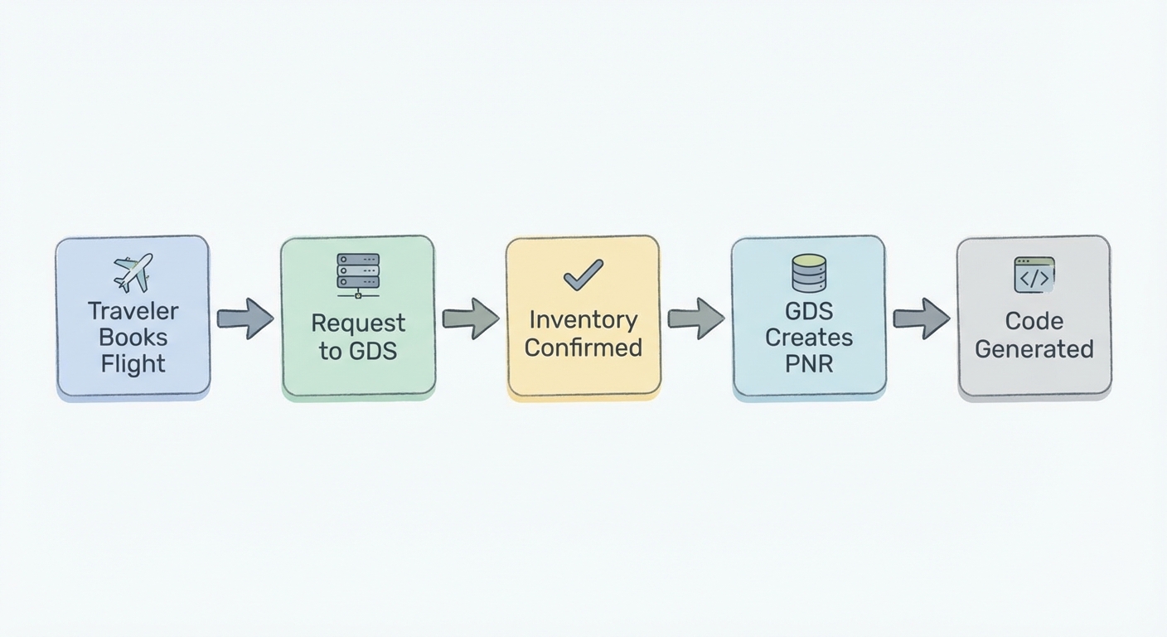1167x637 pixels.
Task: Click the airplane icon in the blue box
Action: [x=133, y=272]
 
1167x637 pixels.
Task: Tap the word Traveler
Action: [x=133, y=311]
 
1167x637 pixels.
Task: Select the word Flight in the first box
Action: [x=133, y=363]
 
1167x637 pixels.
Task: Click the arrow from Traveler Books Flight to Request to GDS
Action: [x=245, y=318]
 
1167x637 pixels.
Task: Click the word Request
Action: [x=358, y=323]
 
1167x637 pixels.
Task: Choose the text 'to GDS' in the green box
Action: [x=358, y=350]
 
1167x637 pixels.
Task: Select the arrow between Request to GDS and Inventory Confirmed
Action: [x=471, y=318]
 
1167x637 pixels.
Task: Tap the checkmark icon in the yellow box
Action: [x=583, y=275]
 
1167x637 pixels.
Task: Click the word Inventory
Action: [x=583, y=319]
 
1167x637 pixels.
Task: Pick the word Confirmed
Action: [x=583, y=347]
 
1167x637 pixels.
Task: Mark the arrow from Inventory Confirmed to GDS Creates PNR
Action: [x=696, y=318]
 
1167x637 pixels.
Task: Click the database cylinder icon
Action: [x=809, y=273]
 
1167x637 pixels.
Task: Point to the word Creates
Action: [x=809, y=338]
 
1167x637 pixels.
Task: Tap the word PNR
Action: [x=809, y=363]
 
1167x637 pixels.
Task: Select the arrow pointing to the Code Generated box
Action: [x=921, y=318]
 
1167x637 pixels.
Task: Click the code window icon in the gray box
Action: [x=1034, y=275]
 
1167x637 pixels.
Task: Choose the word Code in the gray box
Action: [x=1034, y=321]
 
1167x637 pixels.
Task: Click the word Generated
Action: [x=1034, y=348]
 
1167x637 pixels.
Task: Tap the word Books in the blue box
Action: [x=133, y=338]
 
